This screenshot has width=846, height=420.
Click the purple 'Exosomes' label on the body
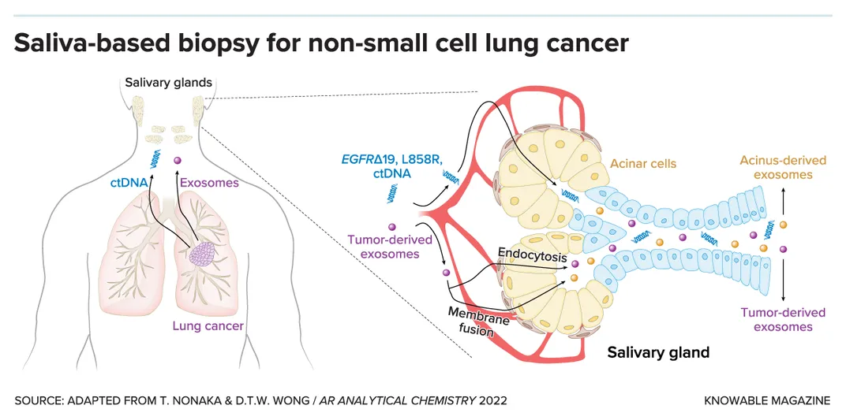[x=209, y=183]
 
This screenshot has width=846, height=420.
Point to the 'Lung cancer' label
[x=208, y=325]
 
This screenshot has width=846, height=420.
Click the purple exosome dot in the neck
[x=178, y=162]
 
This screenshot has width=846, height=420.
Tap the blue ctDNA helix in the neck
[x=158, y=156]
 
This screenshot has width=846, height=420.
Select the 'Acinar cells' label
[x=643, y=164]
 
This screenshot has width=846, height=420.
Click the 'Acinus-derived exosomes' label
[x=782, y=167]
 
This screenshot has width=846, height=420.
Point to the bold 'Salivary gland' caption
[x=658, y=352]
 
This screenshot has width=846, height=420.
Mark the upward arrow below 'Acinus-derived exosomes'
[x=783, y=203]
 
